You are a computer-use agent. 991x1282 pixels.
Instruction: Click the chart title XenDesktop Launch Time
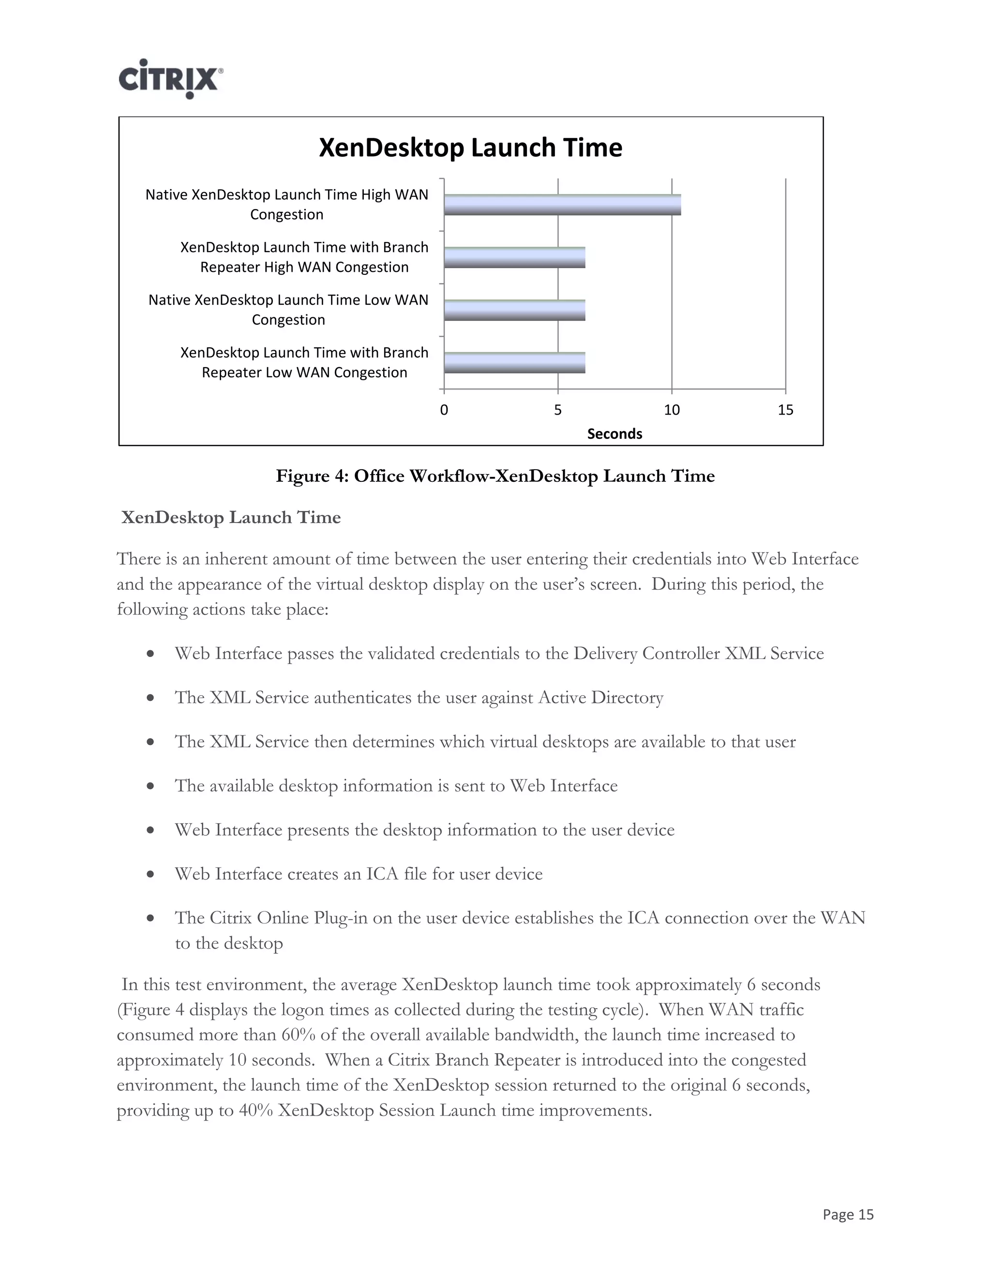tap(470, 148)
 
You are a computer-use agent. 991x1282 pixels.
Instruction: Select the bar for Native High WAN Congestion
tap(562, 205)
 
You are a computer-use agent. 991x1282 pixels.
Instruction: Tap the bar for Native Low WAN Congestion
tap(514, 311)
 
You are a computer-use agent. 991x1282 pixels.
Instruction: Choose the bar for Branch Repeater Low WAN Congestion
tap(514, 363)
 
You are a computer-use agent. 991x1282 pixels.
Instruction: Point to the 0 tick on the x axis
tap(444, 410)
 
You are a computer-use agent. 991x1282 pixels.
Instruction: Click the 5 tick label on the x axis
tap(558, 410)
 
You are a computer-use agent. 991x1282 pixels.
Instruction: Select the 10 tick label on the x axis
tap(672, 410)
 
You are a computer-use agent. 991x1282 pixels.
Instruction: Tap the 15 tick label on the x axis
tap(785, 410)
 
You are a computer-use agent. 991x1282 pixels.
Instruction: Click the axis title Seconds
tap(614, 434)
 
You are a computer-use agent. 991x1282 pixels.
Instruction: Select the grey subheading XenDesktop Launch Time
tap(231, 518)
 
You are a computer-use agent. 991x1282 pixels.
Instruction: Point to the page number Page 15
tap(848, 1214)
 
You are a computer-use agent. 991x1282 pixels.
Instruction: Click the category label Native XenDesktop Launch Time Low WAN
tap(288, 300)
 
